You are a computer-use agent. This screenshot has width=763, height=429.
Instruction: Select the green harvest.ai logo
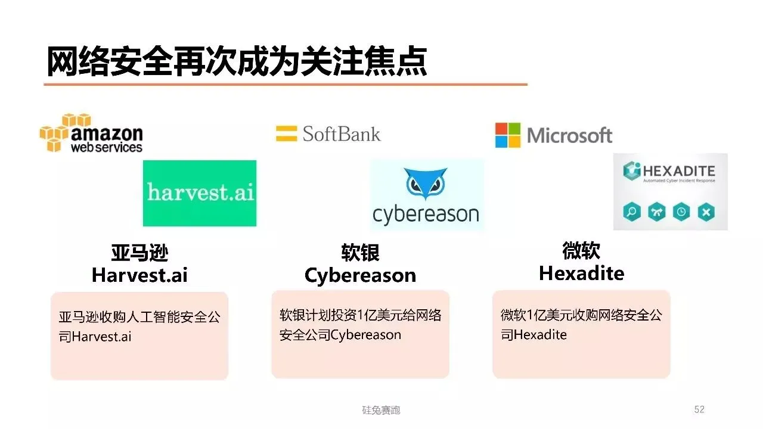click(x=200, y=193)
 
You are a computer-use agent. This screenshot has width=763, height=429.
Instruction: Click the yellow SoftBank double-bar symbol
click(x=286, y=133)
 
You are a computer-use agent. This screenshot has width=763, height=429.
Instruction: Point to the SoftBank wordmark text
click(x=341, y=133)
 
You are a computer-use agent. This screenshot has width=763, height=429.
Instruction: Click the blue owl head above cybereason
click(x=426, y=184)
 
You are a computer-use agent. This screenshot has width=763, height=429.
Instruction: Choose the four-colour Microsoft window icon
click(x=508, y=135)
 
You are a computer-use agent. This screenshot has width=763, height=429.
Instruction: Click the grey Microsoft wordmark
click(x=570, y=135)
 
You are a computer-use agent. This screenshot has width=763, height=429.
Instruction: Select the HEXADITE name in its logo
click(x=678, y=172)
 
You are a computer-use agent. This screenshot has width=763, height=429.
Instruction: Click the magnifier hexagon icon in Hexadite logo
click(x=632, y=212)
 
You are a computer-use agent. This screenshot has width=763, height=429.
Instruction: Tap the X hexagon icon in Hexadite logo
click(x=706, y=212)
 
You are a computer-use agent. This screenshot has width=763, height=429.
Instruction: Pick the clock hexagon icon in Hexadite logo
click(x=681, y=212)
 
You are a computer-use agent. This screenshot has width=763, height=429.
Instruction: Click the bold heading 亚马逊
click(x=139, y=253)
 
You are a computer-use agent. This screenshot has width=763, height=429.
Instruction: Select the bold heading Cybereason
click(x=360, y=275)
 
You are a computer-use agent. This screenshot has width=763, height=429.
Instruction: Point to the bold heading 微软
click(x=581, y=251)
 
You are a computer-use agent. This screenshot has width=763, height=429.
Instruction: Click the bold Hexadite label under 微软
click(x=581, y=273)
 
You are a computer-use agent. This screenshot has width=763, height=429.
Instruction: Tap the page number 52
click(x=699, y=409)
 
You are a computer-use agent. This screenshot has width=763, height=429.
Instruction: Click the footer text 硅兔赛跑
click(x=381, y=410)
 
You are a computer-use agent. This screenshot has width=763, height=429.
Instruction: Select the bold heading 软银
click(x=360, y=253)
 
